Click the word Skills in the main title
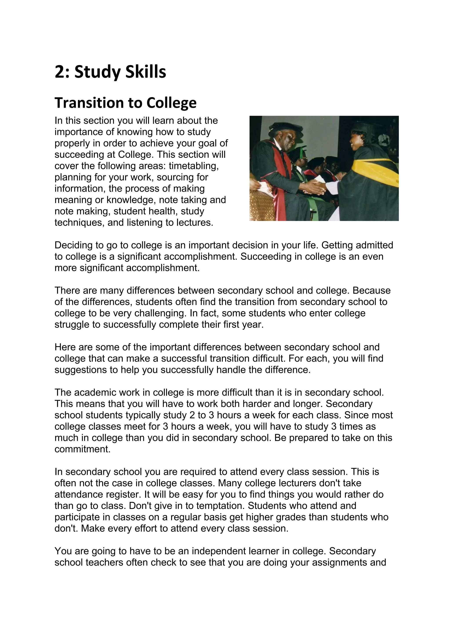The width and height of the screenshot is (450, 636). [145, 72]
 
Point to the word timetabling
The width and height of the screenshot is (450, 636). [194, 166]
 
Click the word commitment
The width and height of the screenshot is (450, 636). [82, 449]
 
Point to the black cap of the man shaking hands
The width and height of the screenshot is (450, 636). [286, 128]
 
